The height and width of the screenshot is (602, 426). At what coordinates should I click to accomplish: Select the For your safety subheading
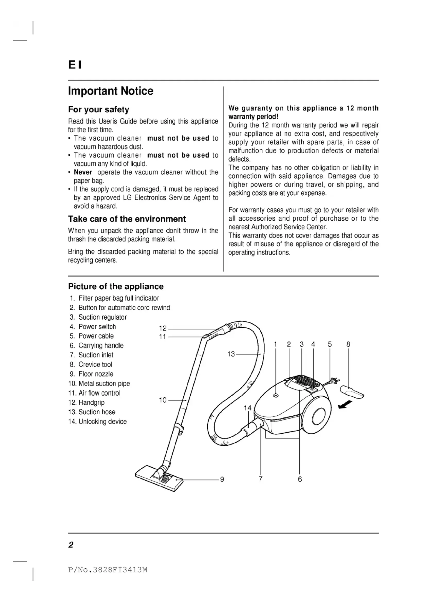[98, 110]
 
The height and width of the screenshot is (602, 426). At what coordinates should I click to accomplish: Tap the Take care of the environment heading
[127, 219]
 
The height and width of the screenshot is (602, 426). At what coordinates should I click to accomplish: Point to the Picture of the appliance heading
[116, 286]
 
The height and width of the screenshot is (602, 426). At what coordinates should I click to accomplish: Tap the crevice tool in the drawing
[352, 392]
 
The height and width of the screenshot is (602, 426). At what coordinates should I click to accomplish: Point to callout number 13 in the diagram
[231, 354]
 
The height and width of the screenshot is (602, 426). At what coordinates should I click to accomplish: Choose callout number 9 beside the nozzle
[222, 479]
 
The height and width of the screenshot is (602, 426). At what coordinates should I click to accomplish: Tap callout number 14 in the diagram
[247, 408]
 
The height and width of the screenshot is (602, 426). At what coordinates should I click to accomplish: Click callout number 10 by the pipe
[163, 400]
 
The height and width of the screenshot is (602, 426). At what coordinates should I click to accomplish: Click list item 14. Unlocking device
[97, 421]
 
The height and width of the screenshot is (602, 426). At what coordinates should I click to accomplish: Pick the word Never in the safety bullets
[83, 172]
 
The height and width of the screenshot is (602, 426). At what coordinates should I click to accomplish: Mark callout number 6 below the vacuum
[300, 479]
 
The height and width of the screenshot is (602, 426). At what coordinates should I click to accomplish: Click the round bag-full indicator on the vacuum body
[275, 395]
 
